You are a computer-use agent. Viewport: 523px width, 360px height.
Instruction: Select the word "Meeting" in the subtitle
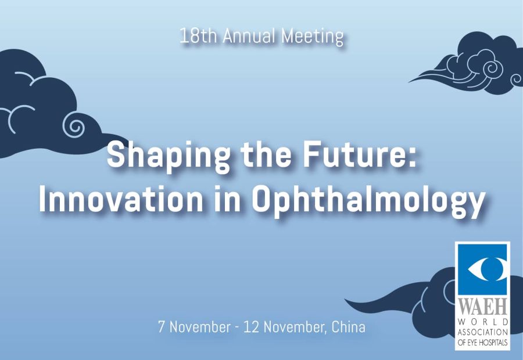312,37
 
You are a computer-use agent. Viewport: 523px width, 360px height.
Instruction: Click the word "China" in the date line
348,327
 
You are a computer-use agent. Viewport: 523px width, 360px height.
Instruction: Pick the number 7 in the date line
162,327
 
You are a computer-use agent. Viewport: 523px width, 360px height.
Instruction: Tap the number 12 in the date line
252,327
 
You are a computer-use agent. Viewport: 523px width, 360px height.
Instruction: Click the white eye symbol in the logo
486,269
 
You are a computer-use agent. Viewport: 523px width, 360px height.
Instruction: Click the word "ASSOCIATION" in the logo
483,332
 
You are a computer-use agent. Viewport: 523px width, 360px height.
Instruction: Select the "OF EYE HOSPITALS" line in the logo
483,343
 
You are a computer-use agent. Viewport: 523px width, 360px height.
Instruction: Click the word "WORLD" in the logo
483,322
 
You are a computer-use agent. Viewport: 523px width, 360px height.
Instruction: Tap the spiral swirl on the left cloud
74,125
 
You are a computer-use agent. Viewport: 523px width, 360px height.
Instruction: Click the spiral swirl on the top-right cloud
490,69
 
